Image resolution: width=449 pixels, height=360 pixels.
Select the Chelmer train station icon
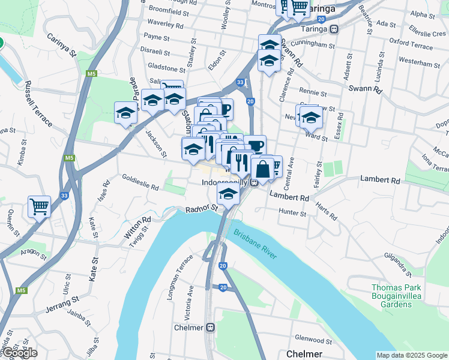click(211, 328)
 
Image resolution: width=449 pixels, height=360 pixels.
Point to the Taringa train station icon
click(334, 29)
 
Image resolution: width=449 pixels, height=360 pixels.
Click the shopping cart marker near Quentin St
click(39, 207)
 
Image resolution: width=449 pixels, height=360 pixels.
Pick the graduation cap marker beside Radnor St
click(228, 194)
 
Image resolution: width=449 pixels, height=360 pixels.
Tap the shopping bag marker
click(262, 169)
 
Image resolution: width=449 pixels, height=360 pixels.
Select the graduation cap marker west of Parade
click(125, 113)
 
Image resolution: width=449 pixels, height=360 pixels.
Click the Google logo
click(19, 353)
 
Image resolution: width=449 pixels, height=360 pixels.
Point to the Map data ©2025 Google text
click(411, 355)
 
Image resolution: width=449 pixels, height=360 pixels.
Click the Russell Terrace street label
click(37, 108)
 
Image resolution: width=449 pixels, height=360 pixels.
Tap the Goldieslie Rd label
click(140, 182)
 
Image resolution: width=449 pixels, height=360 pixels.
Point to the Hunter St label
click(292, 212)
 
